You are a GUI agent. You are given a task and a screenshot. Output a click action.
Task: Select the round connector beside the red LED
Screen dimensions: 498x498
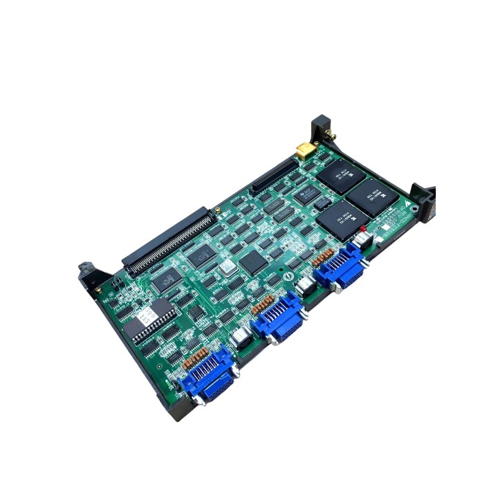tap(363, 239)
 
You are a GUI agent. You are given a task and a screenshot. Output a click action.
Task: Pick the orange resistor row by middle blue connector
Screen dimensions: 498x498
tap(263, 304)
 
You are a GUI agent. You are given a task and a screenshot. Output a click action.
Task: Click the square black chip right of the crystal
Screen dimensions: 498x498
tap(253, 260)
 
